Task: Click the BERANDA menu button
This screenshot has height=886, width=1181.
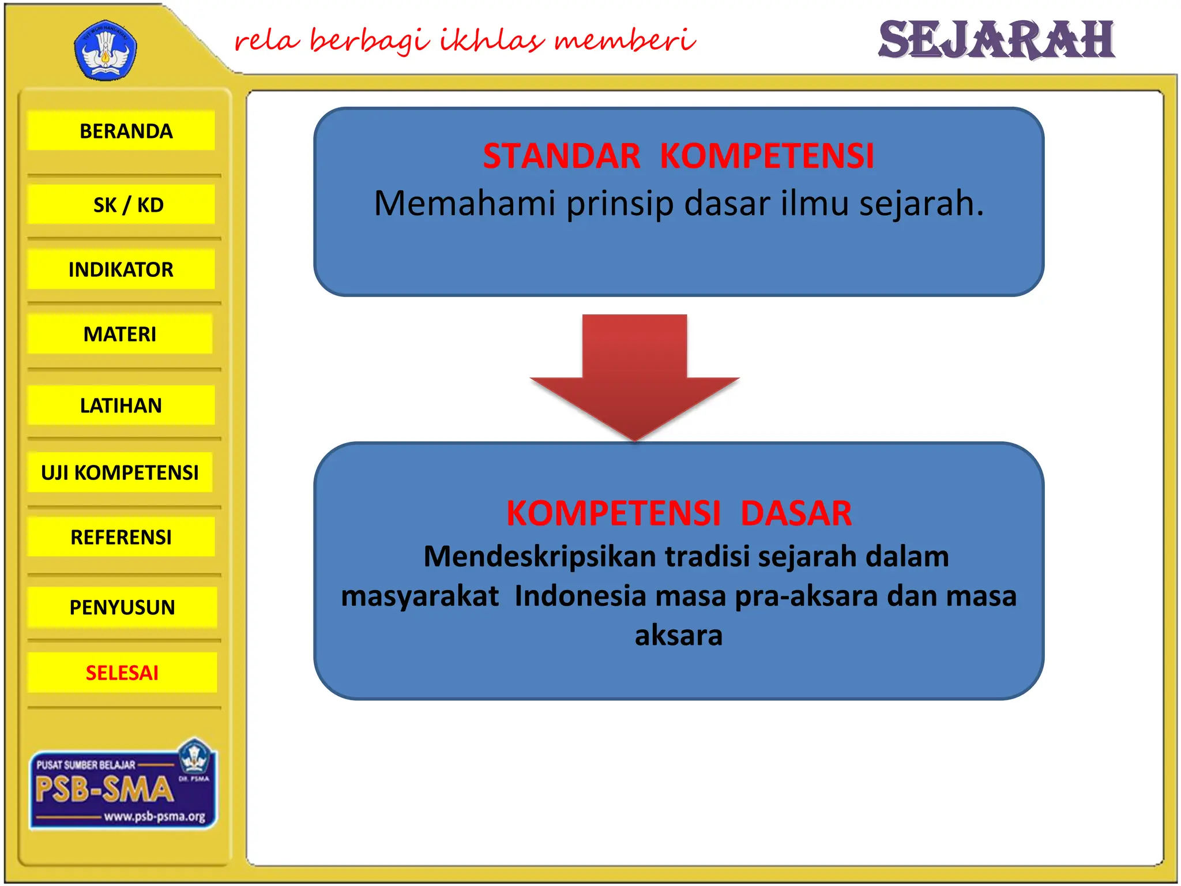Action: [x=122, y=131]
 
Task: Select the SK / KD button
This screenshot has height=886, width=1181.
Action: [x=122, y=205]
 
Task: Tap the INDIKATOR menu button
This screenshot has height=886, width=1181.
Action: [x=121, y=269]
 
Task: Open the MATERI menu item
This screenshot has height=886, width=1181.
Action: [x=120, y=334]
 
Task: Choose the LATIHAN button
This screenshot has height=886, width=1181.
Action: [x=121, y=406]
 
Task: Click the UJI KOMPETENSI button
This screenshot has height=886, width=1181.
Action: [x=120, y=472]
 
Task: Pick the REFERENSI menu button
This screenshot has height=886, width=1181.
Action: [x=121, y=537]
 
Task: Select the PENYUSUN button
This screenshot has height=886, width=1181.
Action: [x=122, y=607]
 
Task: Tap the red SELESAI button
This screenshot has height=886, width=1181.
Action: [x=122, y=673]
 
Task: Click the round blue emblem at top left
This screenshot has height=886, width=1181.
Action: [x=106, y=51]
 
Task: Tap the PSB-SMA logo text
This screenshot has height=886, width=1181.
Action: [x=104, y=789]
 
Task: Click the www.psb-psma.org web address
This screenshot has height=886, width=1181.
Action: [x=155, y=817]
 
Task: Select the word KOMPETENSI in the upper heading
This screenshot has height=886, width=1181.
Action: [x=767, y=156]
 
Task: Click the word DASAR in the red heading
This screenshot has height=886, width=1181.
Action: [x=796, y=513]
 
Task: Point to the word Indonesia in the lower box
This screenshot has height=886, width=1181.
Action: [x=580, y=596]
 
